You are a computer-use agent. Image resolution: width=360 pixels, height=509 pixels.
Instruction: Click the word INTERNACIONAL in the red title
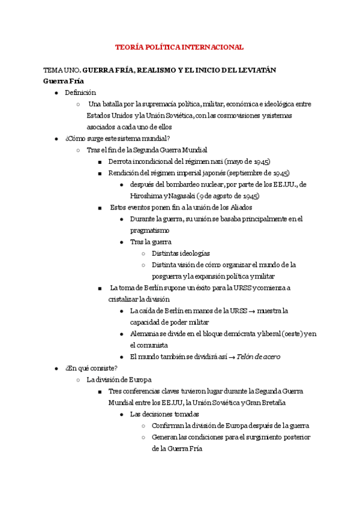(212, 47)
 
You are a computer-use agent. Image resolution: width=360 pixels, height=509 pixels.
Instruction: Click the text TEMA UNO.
(58, 70)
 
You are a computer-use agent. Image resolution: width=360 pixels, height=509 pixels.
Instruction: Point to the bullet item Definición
(80, 93)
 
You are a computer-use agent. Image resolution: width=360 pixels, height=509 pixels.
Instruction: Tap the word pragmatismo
(149, 230)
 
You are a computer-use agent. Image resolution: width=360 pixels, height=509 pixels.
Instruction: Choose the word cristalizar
(122, 299)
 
